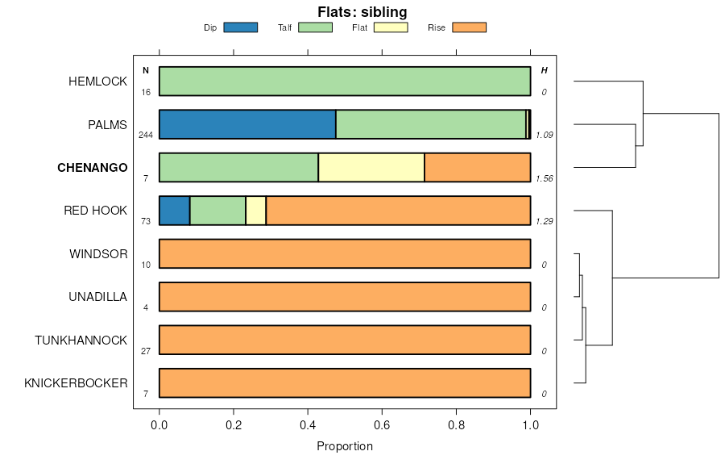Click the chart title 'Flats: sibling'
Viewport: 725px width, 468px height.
362,12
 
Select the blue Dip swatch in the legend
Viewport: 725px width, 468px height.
240,27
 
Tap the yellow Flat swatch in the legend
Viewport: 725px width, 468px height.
390,27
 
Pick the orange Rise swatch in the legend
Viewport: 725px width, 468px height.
469,27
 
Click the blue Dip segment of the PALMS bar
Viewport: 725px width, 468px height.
247,124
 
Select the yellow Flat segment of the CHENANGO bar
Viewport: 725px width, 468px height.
371,168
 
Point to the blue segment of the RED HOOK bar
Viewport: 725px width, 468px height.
175,211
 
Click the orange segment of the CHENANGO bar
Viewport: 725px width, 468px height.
477,168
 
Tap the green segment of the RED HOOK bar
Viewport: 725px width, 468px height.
217,211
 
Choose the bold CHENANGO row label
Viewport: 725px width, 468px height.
92,168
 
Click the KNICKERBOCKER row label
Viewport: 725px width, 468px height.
76,383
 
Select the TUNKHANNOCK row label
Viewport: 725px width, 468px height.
81,341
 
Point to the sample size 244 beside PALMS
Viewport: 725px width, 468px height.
146,135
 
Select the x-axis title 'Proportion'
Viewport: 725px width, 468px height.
345,446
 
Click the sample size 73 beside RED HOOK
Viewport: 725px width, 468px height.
146,221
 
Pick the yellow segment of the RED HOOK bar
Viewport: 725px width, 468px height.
255,211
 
